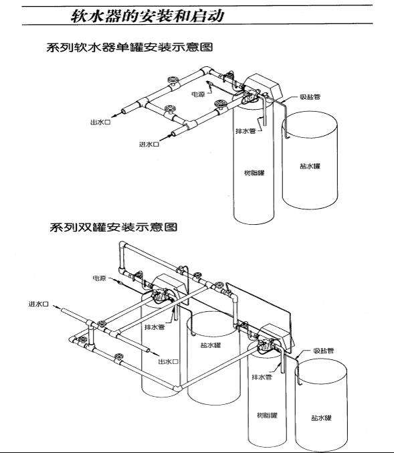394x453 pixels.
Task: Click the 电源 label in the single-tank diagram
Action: [198, 94]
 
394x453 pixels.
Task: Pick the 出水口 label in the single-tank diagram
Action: [100, 123]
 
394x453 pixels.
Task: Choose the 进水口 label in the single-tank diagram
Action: [148, 144]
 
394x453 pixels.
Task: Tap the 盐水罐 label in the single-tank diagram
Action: [310, 165]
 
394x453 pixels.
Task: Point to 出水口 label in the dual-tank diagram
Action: [168, 361]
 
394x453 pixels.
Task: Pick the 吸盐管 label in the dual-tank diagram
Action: [324, 351]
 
